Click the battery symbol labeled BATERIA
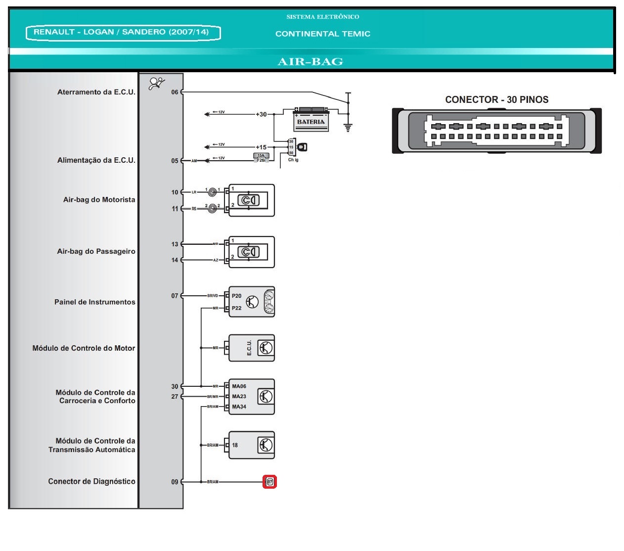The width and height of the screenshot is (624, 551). [311, 120]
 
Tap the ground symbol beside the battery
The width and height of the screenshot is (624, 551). [348, 127]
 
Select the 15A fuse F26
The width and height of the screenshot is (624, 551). [261, 158]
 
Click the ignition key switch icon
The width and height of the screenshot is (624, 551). [302, 147]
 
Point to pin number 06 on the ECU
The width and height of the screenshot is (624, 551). [175, 92]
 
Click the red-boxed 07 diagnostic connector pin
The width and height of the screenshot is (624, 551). [269, 482]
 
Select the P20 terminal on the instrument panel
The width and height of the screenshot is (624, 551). [236, 296]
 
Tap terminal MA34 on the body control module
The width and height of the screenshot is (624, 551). [239, 407]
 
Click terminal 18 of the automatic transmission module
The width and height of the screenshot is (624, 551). [235, 445]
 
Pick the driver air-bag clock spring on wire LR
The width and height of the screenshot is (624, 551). [213, 192]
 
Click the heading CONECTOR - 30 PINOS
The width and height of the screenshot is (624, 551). [496, 99]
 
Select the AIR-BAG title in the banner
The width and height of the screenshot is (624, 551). [311, 62]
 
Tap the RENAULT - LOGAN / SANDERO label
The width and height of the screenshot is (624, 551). [122, 32]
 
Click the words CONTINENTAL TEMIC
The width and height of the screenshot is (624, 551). [322, 34]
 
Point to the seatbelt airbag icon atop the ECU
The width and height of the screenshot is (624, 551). [157, 83]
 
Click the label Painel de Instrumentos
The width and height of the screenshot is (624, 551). [94, 302]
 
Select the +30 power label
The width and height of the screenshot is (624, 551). [261, 114]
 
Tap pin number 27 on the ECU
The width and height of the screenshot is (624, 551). [175, 397]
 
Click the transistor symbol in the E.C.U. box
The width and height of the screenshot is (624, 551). [266, 348]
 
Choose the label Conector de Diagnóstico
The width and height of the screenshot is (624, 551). [91, 481]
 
